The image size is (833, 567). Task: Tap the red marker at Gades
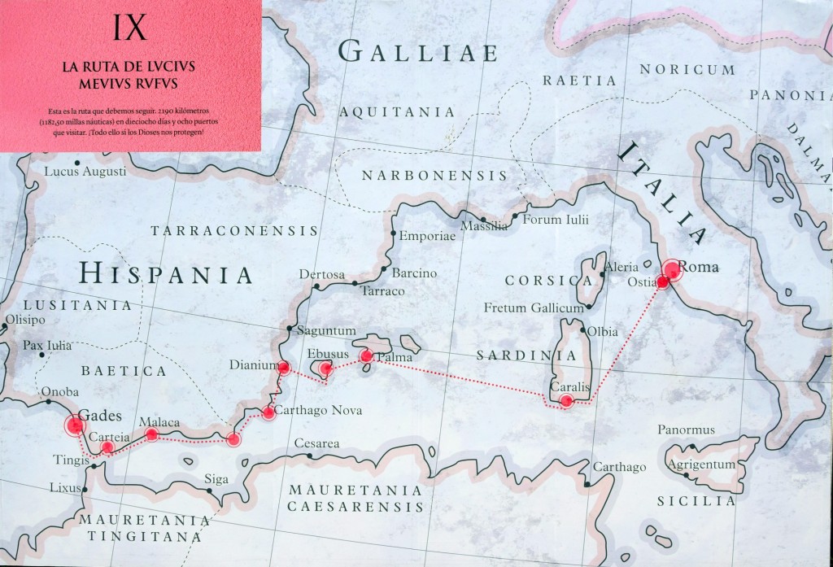click(76, 425)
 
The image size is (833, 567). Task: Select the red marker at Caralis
click(567, 400)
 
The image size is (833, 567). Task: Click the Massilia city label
click(484, 226)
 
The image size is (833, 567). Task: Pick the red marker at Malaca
click(151, 434)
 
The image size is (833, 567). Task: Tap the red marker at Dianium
click(284, 368)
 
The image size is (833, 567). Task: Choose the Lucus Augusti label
click(85, 172)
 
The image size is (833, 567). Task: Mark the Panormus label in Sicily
click(686, 430)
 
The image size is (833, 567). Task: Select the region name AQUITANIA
click(397, 111)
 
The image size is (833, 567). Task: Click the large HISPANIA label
click(166, 274)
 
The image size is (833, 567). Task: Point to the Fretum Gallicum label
click(534, 308)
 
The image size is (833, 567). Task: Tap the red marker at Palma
click(366, 355)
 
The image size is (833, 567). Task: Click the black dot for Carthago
click(587, 484)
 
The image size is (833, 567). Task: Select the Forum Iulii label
click(556, 220)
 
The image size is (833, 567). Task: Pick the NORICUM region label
click(687, 70)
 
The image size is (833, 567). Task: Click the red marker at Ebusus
click(325, 369)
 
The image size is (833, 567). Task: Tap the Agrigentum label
click(701, 465)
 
